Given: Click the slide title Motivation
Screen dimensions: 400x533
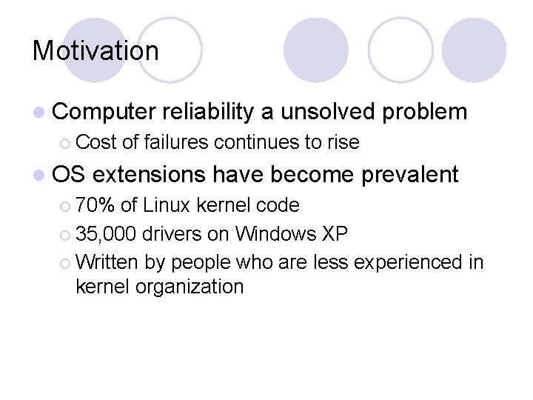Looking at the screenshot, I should tap(95, 51).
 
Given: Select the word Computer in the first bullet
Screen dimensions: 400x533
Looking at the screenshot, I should tap(103, 112).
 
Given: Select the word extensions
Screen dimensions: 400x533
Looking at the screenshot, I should tap(150, 174).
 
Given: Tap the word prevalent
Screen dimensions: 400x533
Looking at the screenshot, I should tap(410, 174).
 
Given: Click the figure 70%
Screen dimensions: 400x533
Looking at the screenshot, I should tap(95, 205).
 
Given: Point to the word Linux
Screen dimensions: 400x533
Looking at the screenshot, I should tap(172, 205).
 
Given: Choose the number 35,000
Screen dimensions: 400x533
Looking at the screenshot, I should tap(106, 234).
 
